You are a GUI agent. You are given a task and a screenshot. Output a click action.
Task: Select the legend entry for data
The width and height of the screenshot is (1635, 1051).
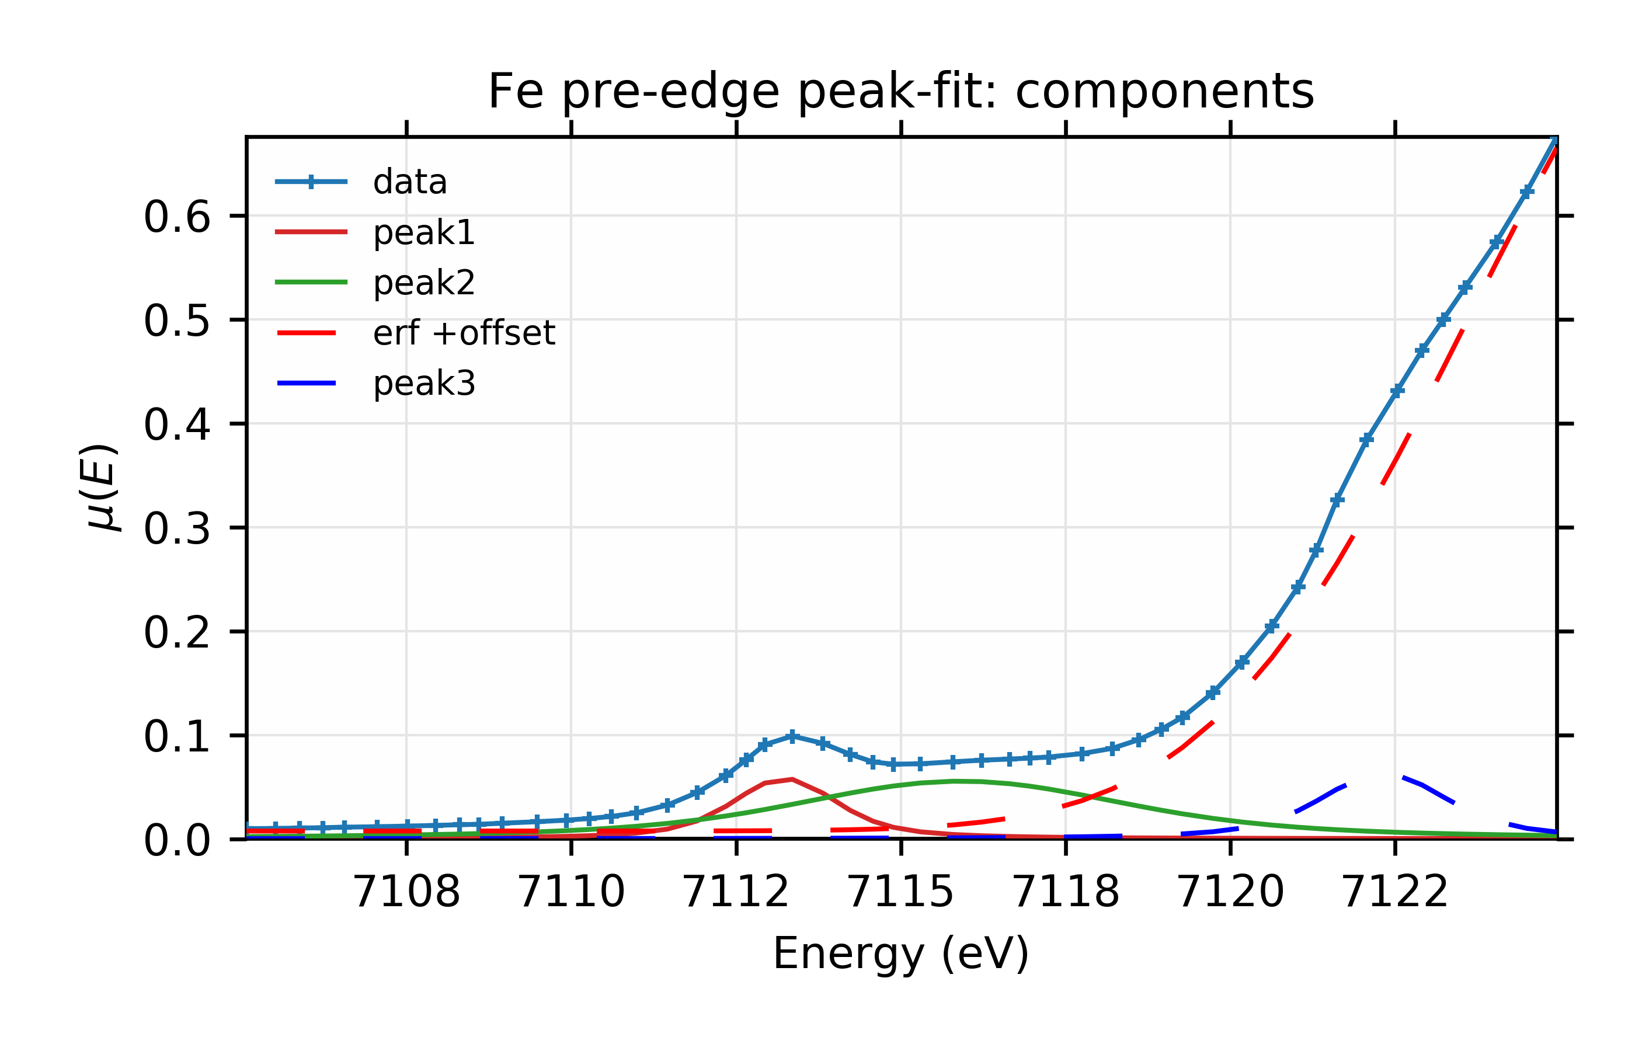pos(409,182)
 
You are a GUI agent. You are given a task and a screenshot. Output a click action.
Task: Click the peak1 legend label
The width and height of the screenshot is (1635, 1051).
pos(423,233)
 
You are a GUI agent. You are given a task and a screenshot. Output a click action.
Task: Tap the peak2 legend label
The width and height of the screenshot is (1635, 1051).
pos(423,283)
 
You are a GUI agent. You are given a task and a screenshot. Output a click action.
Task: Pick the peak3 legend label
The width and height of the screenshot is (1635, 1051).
pos(423,384)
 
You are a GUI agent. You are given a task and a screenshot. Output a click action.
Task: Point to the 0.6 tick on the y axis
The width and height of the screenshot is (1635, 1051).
pos(176,218)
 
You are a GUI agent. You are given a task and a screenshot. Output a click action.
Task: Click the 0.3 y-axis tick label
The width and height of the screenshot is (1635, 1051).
pos(176,530)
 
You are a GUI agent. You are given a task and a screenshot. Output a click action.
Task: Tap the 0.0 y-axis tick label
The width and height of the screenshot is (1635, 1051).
pos(176,841)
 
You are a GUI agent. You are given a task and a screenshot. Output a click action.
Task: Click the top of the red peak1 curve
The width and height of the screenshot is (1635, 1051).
pos(792,779)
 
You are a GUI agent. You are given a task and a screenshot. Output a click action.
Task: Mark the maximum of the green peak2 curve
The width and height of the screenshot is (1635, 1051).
pos(954,781)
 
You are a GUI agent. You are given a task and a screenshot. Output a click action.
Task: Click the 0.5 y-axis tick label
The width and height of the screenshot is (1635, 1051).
pos(176,322)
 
